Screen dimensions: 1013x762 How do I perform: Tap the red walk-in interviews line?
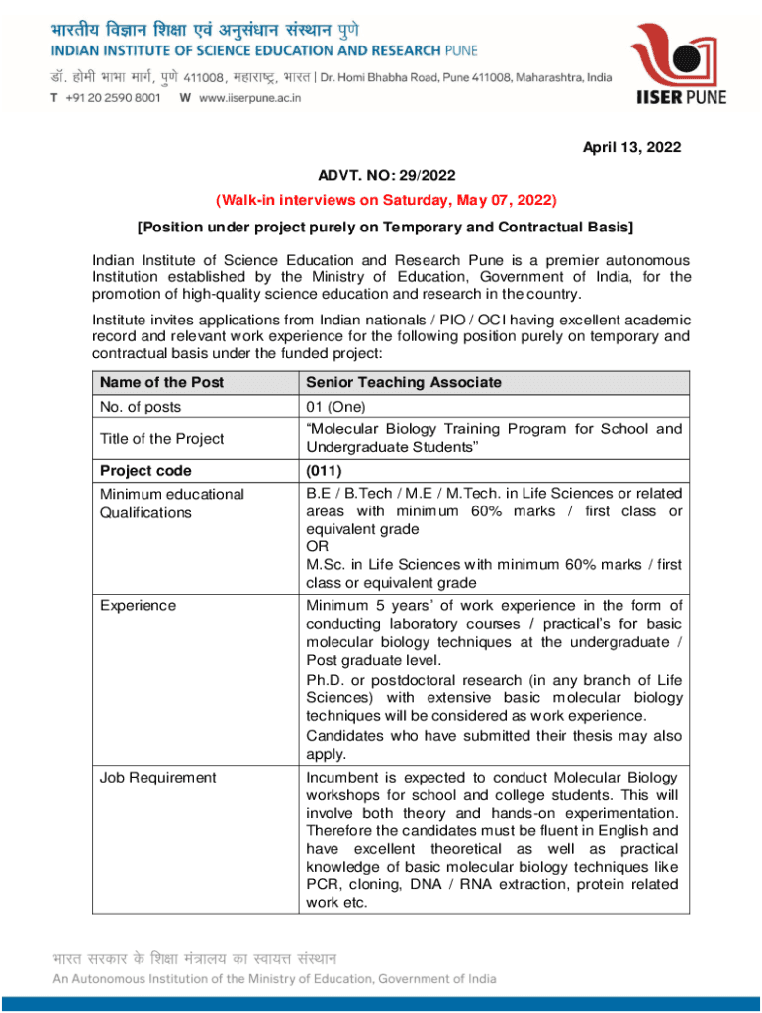pyautogui.click(x=387, y=201)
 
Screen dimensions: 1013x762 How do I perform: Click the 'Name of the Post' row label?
pyautogui.click(x=161, y=382)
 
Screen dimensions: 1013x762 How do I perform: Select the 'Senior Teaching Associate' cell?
pyautogui.click(x=404, y=382)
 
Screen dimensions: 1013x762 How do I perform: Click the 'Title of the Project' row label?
pyautogui.click(x=161, y=438)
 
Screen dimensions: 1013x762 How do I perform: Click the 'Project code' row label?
pyautogui.click(x=145, y=470)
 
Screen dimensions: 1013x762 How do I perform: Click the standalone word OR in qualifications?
pyautogui.click(x=317, y=546)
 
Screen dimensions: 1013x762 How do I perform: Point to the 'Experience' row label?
pyautogui.click(x=138, y=605)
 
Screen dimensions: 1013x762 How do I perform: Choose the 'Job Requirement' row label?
pyautogui.click(x=157, y=777)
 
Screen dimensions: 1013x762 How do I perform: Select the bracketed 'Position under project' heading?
pyautogui.click(x=387, y=227)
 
